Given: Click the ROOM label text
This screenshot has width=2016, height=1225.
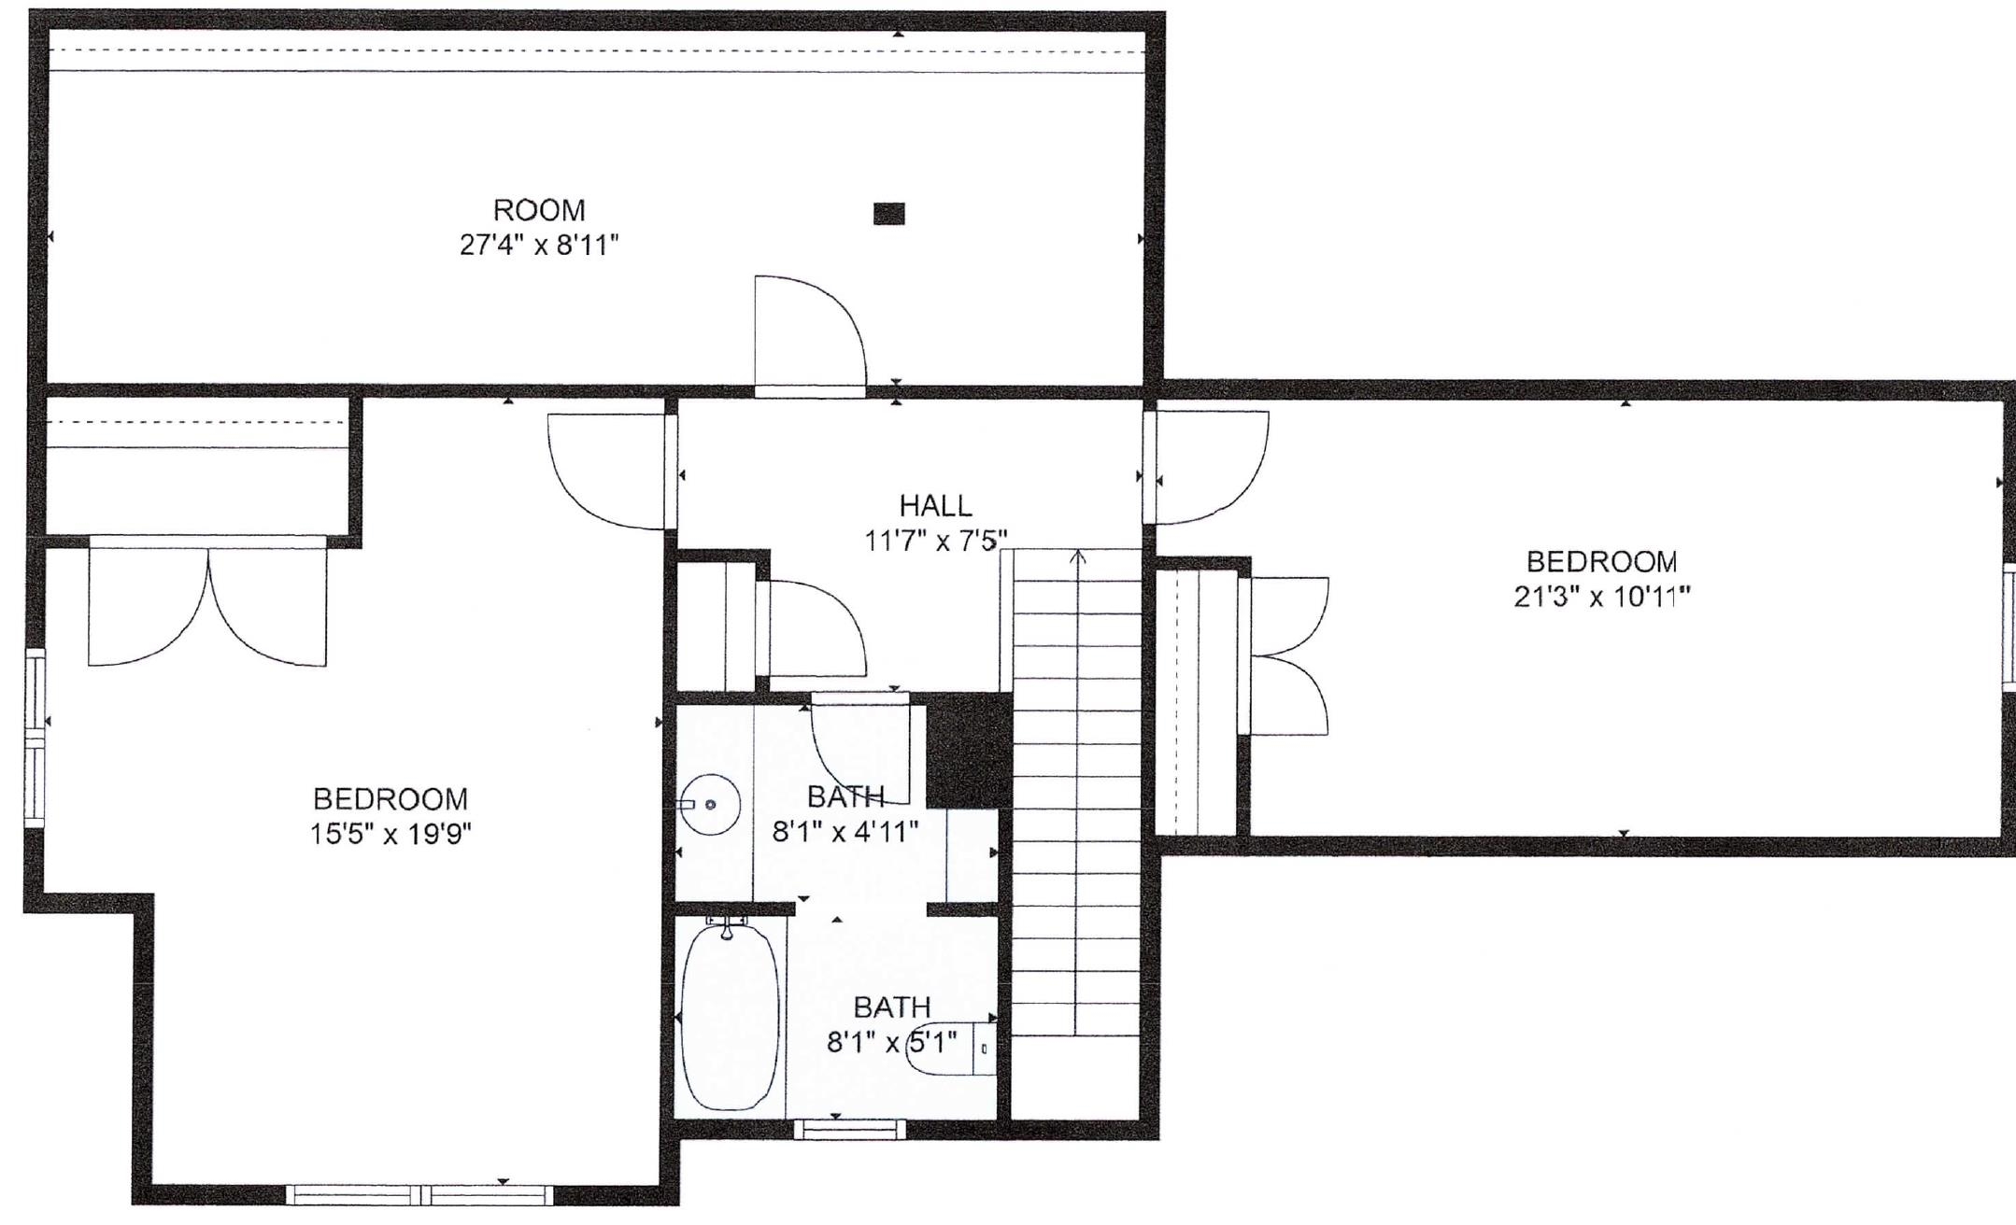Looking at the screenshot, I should click(x=539, y=209).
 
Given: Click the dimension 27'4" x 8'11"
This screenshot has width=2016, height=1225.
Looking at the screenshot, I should click(x=539, y=246).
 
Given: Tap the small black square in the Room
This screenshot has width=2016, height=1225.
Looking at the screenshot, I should click(x=889, y=215).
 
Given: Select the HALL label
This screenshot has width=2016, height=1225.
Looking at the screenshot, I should click(x=935, y=506).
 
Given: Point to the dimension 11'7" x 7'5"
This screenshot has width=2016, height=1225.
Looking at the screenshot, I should click(x=935, y=541).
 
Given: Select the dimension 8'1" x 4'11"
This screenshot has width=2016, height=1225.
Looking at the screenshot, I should click(x=845, y=832).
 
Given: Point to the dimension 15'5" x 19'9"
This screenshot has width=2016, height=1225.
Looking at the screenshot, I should click(x=390, y=834).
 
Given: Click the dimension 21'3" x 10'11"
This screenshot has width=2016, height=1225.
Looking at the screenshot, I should click(x=1601, y=597).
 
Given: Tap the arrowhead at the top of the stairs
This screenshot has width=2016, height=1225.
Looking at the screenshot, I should click(x=1078, y=557).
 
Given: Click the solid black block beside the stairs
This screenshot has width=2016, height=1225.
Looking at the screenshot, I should click(x=968, y=750).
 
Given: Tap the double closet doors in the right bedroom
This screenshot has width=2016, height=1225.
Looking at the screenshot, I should click(x=1286, y=655).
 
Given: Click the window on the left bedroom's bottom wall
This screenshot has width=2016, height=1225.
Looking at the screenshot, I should click(x=419, y=1194).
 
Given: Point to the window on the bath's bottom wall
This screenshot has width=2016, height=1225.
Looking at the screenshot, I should click(x=849, y=1129).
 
